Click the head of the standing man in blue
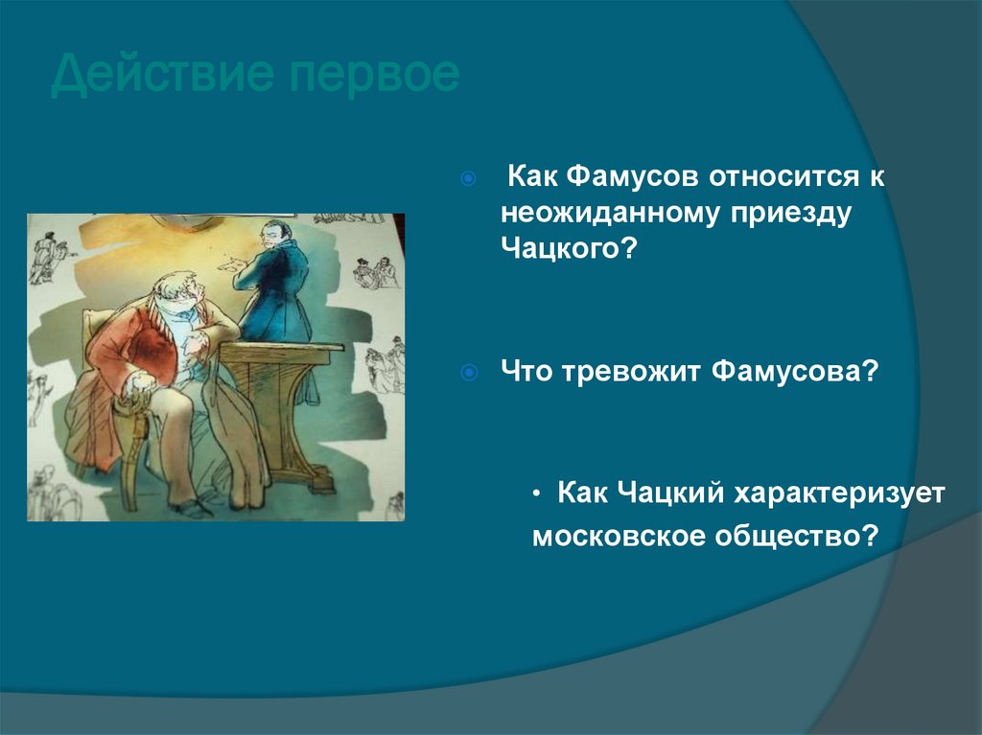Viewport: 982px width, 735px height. (x=277, y=235)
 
